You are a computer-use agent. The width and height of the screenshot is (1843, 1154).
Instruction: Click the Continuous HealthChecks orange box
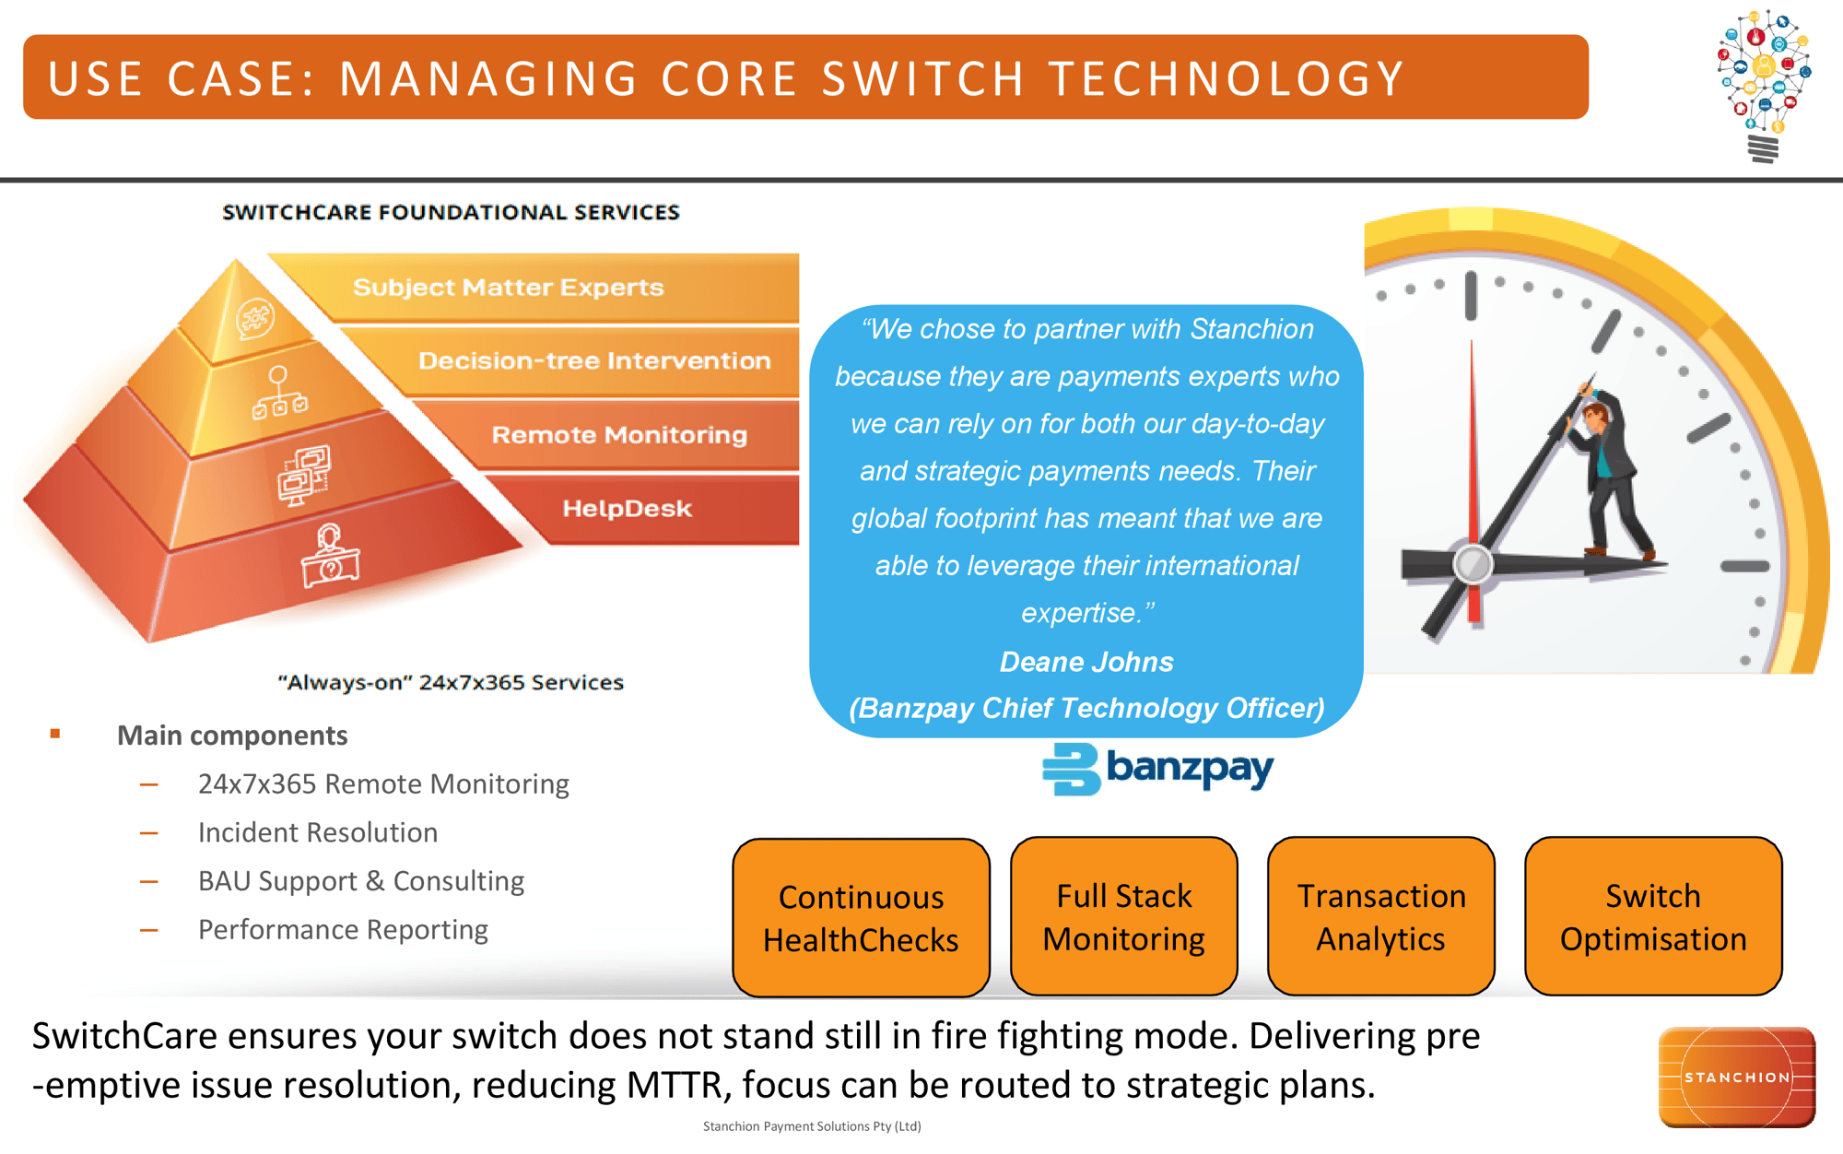click(x=861, y=917)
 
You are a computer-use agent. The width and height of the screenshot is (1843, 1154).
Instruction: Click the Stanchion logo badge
click(x=1736, y=1077)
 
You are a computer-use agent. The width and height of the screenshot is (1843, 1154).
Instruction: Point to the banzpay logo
click(x=1158, y=770)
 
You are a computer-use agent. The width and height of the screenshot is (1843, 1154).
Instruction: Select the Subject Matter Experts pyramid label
click(x=508, y=288)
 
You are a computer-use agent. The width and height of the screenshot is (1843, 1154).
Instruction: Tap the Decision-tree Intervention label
click(x=594, y=360)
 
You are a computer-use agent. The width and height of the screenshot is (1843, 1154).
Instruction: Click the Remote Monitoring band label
click(x=619, y=435)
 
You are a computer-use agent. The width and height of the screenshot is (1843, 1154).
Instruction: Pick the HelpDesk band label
click(x=627, y=509)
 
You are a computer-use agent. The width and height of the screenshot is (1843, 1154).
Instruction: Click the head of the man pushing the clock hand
click(x=1594, y=414)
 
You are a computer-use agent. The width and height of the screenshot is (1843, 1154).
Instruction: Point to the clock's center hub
click(x=1472, y=564)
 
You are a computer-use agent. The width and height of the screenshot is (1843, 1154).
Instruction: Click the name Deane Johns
click(x=1086, y=662)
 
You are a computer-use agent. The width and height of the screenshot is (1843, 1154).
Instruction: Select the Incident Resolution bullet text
click(x=318, y=832)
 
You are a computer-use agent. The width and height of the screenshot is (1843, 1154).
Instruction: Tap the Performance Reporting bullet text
click(x=343, y=929)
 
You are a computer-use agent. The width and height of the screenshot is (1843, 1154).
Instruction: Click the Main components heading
click(x=232, y=736)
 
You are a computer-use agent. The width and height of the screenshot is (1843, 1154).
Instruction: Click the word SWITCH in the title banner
click(x=922, y=78)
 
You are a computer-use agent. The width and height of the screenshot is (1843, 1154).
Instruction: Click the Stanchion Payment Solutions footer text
click(x=812, y=1126)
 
